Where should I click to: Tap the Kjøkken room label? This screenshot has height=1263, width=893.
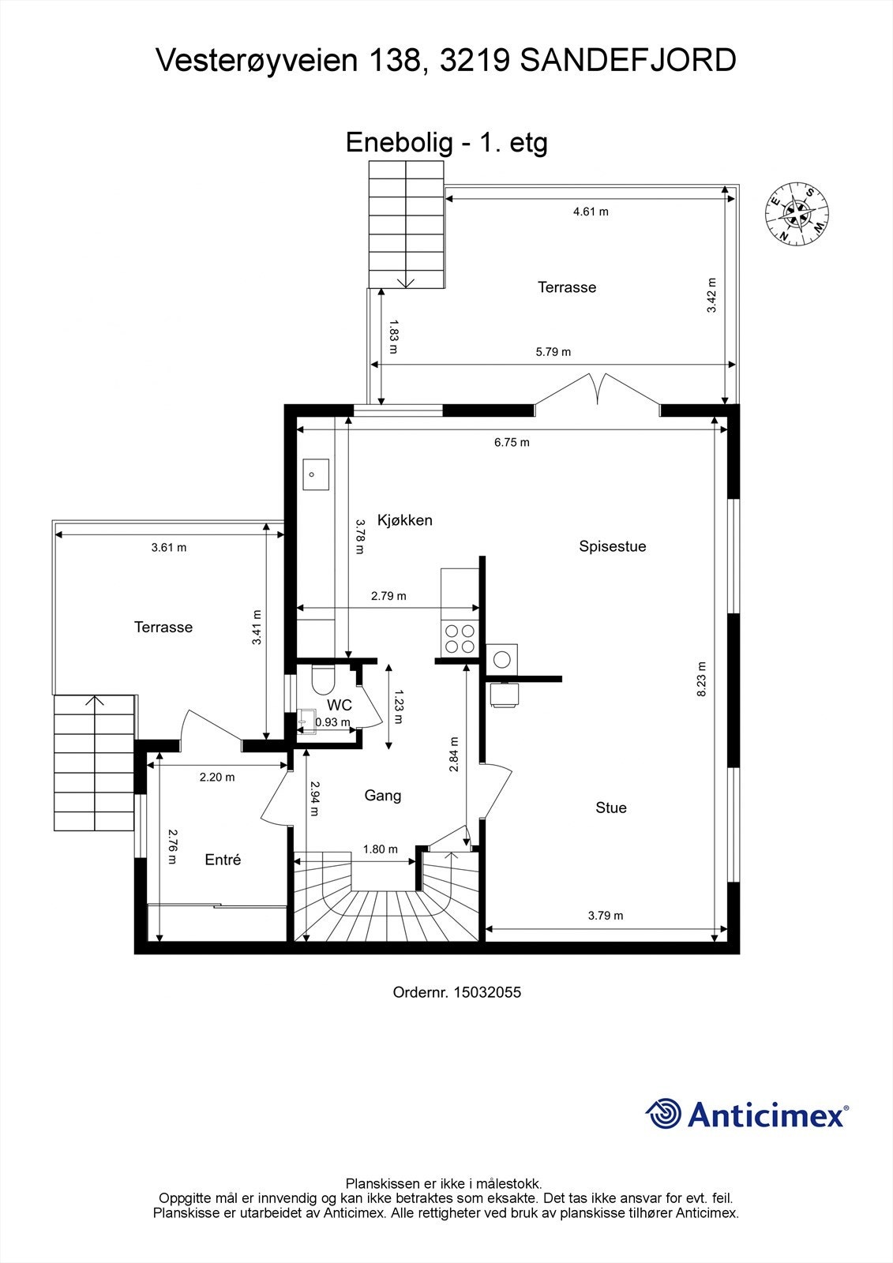(x=404, y=520)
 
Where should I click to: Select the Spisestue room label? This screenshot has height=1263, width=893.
(x=612, y=546)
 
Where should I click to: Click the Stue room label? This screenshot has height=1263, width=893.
(x=610, y=808)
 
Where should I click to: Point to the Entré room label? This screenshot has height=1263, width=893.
(x=223, y=860)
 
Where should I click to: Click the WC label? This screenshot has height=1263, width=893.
(x=340, y=705)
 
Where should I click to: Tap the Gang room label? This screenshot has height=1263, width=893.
(x=382, y=796)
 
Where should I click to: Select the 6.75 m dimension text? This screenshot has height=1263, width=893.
(x=512, y=443)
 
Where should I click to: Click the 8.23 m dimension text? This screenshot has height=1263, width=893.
(x=701, y=679)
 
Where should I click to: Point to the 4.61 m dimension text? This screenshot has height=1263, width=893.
(x=590, y=212)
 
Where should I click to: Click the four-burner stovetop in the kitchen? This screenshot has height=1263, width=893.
(x=460, y=638)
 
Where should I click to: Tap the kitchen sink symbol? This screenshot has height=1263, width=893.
(x=315, y=474)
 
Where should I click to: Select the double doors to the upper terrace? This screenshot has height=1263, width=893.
(x=598, y=392)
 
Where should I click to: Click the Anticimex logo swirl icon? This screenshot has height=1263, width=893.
(x=664, y=1115)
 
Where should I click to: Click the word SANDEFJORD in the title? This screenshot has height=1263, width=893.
(x=628, y=61)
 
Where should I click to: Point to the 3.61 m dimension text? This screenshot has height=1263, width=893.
(x=168, y=548)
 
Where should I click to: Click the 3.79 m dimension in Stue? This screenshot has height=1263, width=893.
(x=605, y=916)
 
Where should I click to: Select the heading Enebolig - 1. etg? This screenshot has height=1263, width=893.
(x=446, y=143)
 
